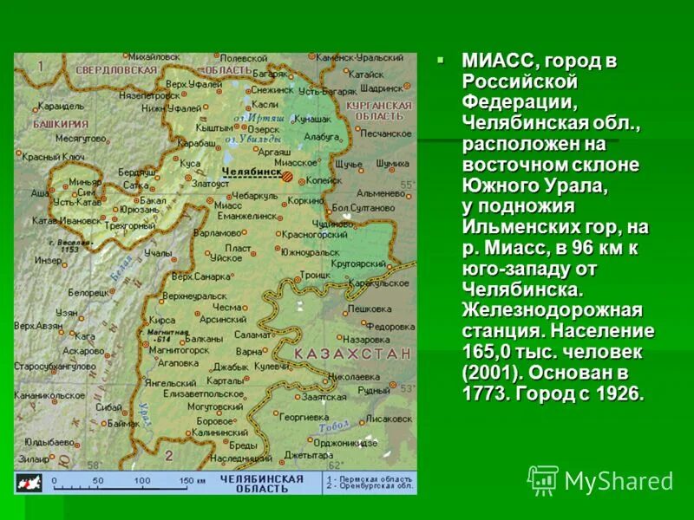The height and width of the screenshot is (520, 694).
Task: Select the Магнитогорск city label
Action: point(173,351)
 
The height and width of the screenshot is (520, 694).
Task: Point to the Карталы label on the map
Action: point(226,380)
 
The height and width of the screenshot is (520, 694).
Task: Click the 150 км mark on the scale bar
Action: point(193,479)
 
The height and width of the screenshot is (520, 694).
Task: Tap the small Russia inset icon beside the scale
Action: point(29,482)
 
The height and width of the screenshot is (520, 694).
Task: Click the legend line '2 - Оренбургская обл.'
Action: point(367,486)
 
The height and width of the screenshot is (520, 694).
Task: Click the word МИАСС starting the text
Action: point(499,62)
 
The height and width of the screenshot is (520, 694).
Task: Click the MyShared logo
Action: point(600,480)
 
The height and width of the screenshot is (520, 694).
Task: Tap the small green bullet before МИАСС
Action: point(441,60)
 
